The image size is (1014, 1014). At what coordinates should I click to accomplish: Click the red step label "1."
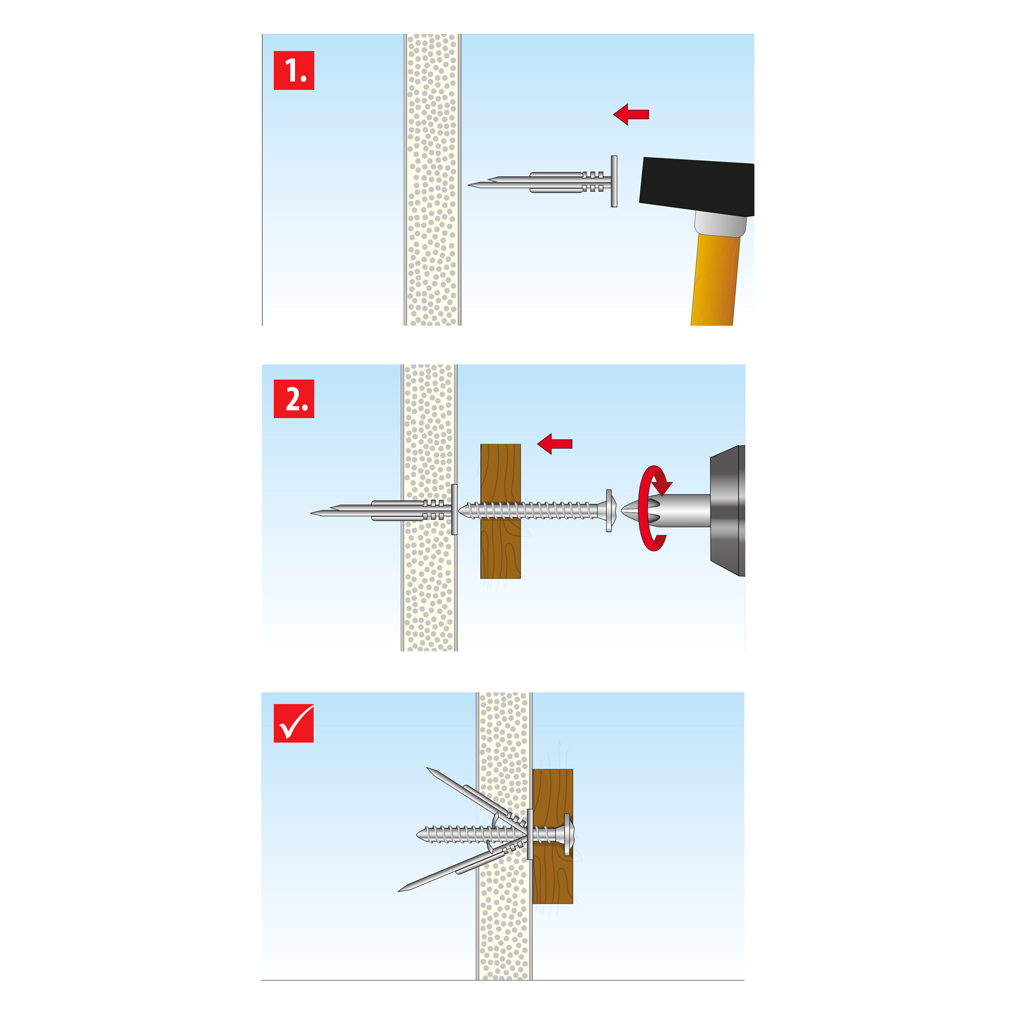[294, 70]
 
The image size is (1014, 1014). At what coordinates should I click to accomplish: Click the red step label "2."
[294, 399]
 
